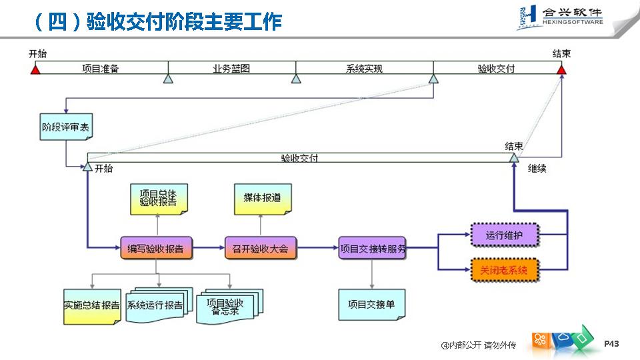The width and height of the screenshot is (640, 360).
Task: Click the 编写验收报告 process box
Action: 156,249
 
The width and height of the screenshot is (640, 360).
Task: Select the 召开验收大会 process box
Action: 260,249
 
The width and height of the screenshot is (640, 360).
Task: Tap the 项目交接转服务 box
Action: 373,249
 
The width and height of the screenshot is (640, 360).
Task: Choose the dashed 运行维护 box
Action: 504,235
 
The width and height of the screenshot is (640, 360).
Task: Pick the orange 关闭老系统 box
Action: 504,270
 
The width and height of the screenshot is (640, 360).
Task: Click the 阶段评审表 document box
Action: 65,126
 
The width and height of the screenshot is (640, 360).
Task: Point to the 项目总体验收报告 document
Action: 158,199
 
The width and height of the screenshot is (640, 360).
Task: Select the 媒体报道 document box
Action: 262,199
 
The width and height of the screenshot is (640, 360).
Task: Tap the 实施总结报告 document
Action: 92,305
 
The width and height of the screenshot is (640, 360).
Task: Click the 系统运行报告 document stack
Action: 156,305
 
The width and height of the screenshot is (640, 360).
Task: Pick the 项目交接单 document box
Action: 371,304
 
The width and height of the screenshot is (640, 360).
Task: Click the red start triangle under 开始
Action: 35,69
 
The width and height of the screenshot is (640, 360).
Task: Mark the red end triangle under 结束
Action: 561,69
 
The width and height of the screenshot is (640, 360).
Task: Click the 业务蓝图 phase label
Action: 231,68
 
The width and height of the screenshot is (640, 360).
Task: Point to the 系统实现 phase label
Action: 364,68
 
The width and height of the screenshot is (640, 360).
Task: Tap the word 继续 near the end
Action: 537,169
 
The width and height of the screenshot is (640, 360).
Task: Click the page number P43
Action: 611,343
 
